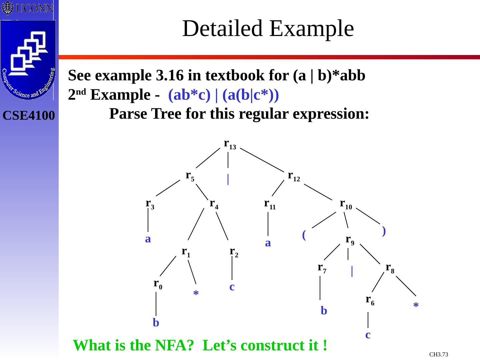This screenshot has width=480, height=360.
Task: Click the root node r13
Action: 230,144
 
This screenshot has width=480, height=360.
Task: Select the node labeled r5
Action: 190,176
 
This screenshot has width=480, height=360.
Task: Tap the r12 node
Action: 294,176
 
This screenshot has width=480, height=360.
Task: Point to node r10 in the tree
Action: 346,204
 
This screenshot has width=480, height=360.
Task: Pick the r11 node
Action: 270,204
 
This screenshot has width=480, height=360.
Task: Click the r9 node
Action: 350,240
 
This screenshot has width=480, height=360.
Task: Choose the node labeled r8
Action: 390,268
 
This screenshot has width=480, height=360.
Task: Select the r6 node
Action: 370,300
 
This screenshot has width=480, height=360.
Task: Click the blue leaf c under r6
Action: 368,335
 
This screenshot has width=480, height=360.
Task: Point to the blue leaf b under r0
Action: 156,323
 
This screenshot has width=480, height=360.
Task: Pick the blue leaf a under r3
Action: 148,239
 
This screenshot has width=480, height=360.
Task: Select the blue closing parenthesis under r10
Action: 384,231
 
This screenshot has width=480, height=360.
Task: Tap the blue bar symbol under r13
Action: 228,179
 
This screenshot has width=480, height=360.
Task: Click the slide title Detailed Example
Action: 268,28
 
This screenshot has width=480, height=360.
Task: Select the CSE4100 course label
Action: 29,116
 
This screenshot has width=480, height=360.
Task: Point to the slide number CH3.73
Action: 439,354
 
